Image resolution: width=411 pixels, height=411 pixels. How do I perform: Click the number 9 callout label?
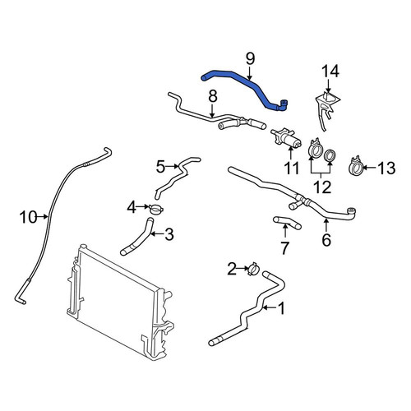[250, 59]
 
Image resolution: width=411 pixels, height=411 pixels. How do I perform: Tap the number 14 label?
[330, 72]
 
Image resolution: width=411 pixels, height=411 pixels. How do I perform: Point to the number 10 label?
[28, 217]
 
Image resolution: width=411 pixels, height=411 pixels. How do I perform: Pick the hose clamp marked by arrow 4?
[156, 210]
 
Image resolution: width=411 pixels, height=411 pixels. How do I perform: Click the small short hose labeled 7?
[287, 223]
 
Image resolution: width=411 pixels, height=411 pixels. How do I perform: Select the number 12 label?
[322, 187]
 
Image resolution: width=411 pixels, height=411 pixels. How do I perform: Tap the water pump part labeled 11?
[286, 139]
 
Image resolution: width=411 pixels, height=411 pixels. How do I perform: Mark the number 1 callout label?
[281, 308]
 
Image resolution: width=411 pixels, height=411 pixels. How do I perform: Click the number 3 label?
[169, 234]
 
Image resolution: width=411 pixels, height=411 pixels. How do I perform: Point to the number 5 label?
[161, 167]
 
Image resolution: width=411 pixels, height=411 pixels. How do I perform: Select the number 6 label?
[326, 240]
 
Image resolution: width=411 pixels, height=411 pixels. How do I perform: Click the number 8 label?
[213, 96]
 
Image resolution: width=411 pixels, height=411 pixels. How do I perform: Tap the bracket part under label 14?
[326, 109]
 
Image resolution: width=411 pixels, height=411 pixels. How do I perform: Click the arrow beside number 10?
[44, 217]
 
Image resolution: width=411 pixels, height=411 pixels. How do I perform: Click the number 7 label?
[285, 248]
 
